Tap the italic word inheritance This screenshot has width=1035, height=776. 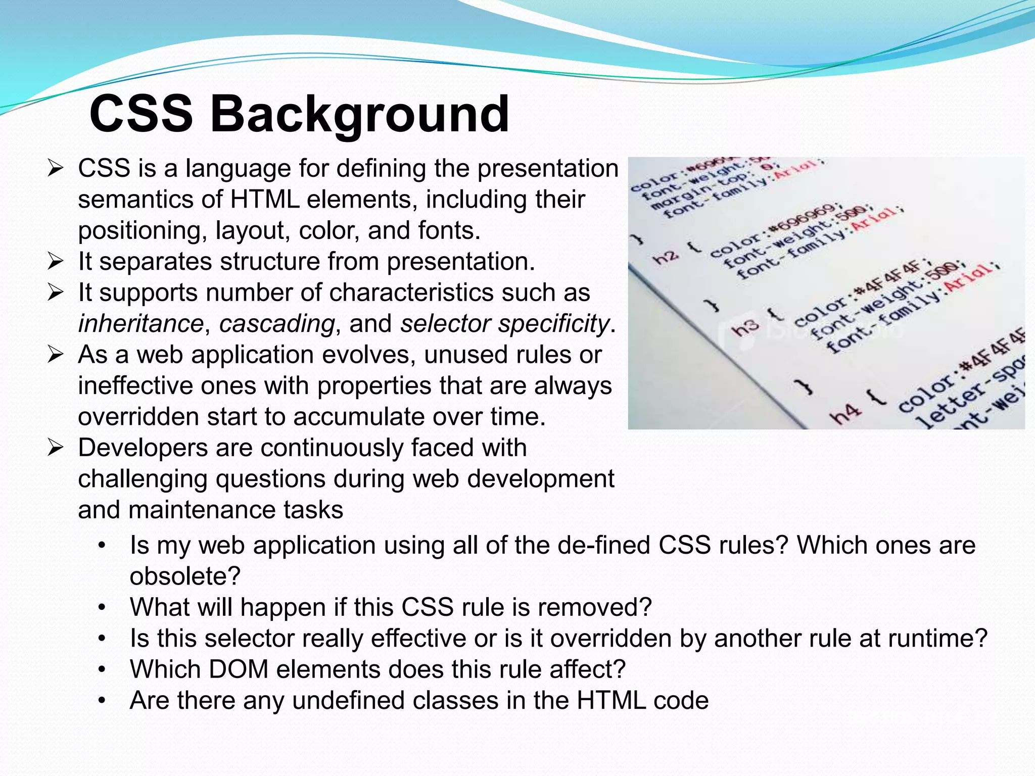pyautogui.click(x=141, y=324)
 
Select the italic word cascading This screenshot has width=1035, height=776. pyautogui.click(x=277, y=324)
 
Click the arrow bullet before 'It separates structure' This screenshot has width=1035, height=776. pyautogui.click(x=55, y=262)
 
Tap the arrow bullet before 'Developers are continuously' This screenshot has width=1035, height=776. pyautogui.click(x=55, y=448)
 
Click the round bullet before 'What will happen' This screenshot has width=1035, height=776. pyautogui.click(x=103, y=607)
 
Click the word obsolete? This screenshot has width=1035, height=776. pyautogui.click(x=185, y=576)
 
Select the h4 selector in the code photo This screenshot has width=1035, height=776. pyautogui.click(x=844, y=413)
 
